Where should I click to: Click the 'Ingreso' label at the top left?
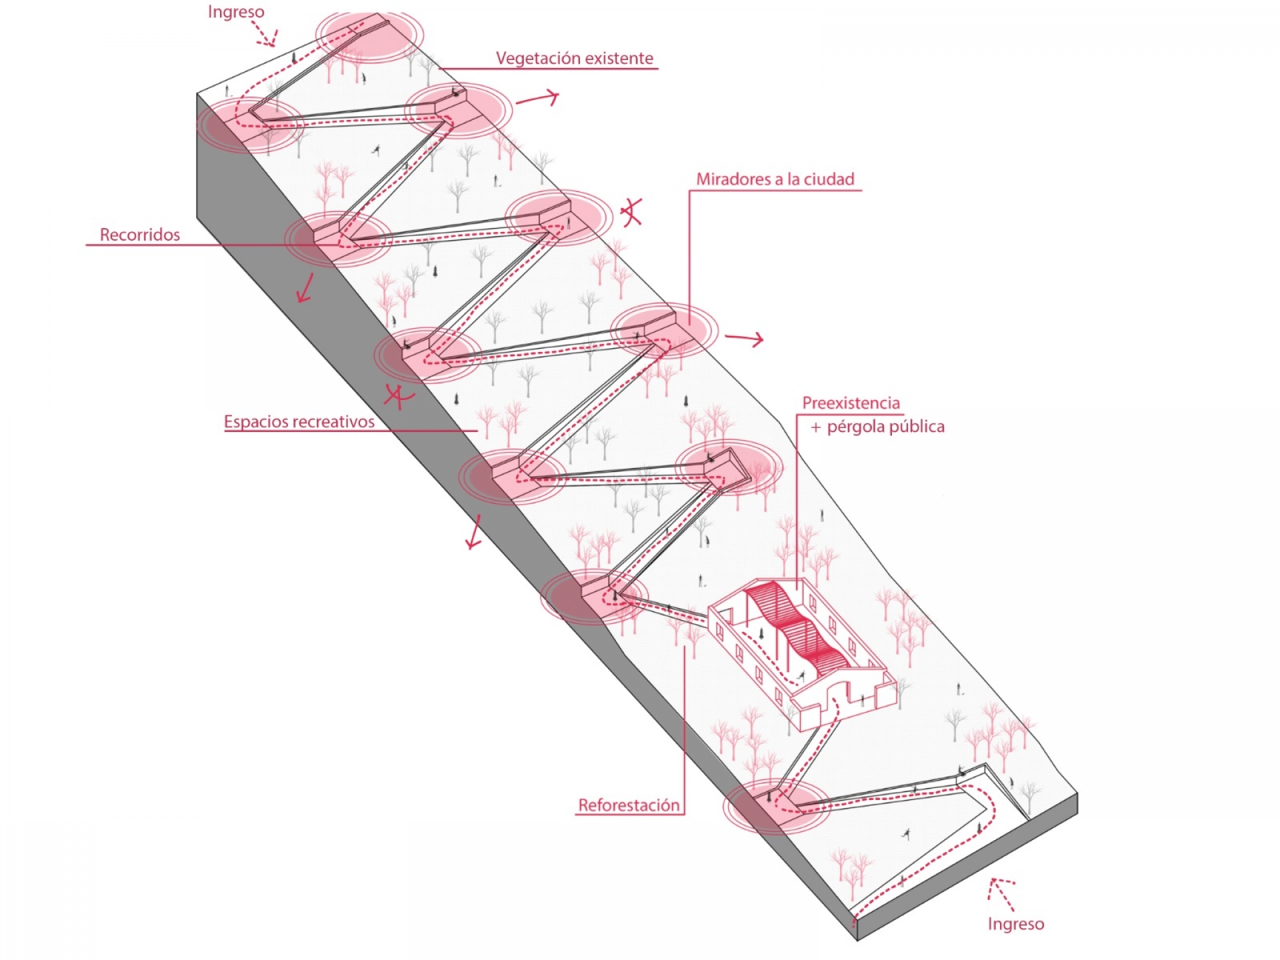(236, 12)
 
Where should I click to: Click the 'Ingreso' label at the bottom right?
(1015, 924)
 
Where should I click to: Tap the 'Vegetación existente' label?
(574, 59)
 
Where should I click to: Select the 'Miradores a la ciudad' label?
(775, 179)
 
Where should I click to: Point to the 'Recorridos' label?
(140, 235)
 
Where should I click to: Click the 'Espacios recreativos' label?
(299, 422)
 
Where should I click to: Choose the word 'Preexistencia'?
(851, 403)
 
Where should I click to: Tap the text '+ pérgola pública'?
(878, 427)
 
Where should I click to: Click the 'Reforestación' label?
(629, 805)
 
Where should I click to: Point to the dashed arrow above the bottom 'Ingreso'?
(1002, 893)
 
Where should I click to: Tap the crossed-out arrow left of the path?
(398, 397)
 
